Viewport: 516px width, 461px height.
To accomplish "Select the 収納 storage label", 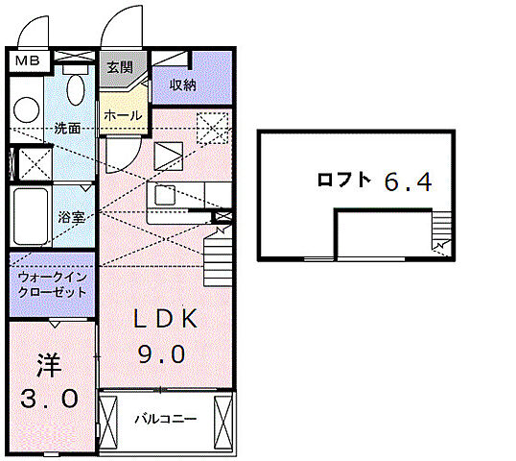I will pyautogui.click(x=183, y=85).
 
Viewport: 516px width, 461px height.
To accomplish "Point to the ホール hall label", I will pyautogui.click(x=124, y=115).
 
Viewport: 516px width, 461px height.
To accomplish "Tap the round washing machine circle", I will pyautogui.click(x=27, y=107).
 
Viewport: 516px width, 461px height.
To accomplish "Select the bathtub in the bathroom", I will pyautogui.click(x=33, y=216).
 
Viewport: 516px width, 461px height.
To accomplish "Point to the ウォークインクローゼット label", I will pyautogui.click(x=53, y=284).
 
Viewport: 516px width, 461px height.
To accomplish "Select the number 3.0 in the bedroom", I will pyautogui.click(x=47, y=398).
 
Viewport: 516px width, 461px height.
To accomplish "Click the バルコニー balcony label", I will pyautogui.click(x=165, y=420).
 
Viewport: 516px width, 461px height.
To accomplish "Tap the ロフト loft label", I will pyautogui.click(x=343, y=180).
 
